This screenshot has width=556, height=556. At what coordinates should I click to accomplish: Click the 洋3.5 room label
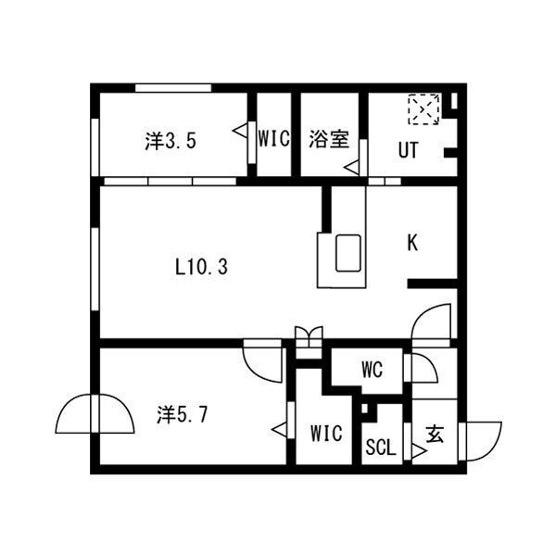(170, 142)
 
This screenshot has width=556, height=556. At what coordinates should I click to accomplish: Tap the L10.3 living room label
(201, 268)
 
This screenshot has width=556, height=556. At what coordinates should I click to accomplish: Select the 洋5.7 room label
(181, 414)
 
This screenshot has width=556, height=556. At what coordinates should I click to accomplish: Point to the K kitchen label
(412, 243)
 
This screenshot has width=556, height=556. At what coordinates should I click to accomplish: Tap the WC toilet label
(372, 372)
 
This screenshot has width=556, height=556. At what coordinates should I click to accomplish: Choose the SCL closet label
(380, 448)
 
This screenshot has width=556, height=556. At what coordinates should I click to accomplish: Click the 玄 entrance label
(433, 433)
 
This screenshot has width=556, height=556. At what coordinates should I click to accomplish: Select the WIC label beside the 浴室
(274, 141)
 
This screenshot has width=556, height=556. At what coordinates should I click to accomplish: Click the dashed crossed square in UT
(423, 109)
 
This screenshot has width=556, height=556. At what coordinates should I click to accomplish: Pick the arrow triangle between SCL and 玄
(418, 453)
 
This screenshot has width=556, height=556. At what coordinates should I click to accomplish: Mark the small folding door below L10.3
(308, 335)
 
